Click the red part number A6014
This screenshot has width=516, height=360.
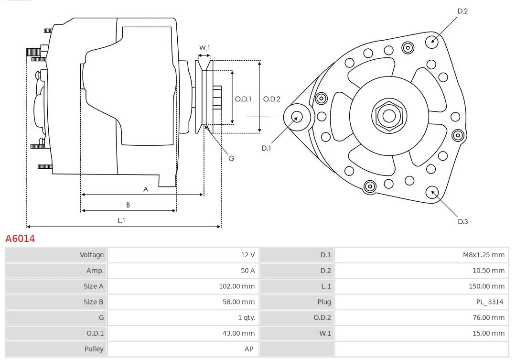tap(20, 239)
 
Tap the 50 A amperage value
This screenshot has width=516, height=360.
tap(248, 271)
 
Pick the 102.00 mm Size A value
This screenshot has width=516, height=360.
tap(237, 286)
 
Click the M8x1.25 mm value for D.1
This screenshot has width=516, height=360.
tap(484, 255)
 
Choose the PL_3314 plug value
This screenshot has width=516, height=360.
tap(490, 302)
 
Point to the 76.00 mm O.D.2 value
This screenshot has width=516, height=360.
tap(489, 318)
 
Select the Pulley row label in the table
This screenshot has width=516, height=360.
tap(94, 349)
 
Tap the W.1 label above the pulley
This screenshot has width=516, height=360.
tap(204, 48)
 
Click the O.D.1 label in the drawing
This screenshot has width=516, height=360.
tap(243, 99)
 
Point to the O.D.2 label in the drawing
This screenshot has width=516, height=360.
tap(272, 99)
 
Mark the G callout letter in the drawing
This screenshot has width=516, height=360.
tap(231, 158)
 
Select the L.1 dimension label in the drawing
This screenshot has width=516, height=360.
tap(121, 221)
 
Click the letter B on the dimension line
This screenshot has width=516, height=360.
tap(128, 205)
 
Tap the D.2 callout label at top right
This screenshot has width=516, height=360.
tap(462, 11)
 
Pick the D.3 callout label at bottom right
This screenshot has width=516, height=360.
tap(462, 222)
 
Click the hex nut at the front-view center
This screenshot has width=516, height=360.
tap(389, 116)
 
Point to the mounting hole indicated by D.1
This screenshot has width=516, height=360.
tap(297, 117)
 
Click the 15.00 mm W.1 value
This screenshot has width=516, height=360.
tap(489, 333)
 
